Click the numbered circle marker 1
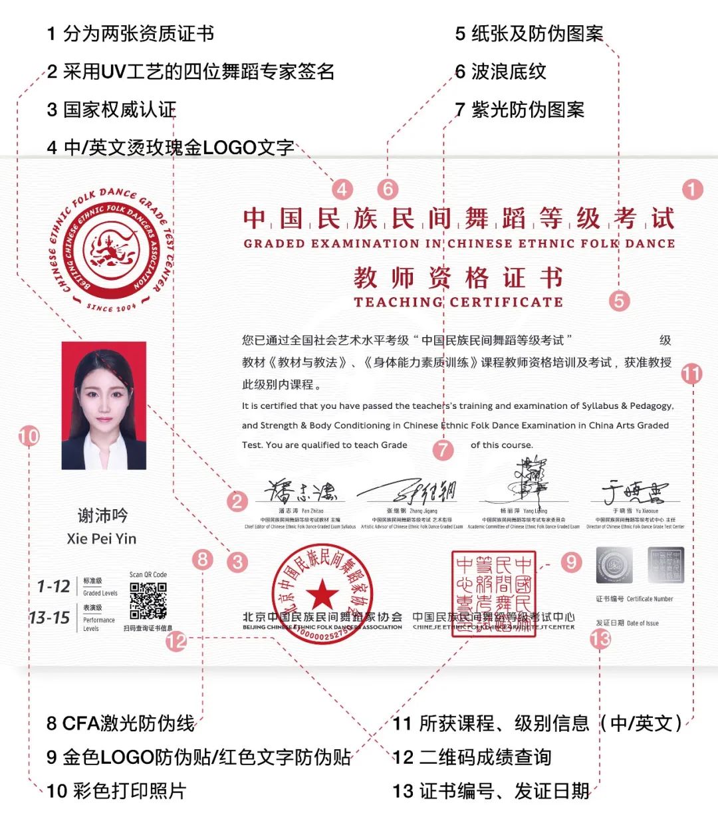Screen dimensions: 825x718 click(x=692, y=189)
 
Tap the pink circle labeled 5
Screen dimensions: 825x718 click(x=619, y=300)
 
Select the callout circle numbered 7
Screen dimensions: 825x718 click(x=443, y=449)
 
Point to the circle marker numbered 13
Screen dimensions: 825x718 click(x=600, y=639)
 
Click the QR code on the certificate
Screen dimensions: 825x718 click(x=148, y=601)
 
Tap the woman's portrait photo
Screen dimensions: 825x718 click(x=104, y=406)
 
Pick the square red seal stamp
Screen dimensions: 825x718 click(x=493, y=594)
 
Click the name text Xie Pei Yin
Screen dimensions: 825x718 click(x=102, y=538)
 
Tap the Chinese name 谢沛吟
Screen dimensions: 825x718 click(x=102, y=515)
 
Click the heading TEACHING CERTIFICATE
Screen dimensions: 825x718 click(x=458, y=302)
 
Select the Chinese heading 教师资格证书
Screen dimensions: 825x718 click(x=458, y=278)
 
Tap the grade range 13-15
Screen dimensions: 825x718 click(x=50, y=618)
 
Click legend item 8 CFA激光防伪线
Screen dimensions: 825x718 click(x=120, y=723)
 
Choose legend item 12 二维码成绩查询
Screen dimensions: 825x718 click(x=471, y=757)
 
